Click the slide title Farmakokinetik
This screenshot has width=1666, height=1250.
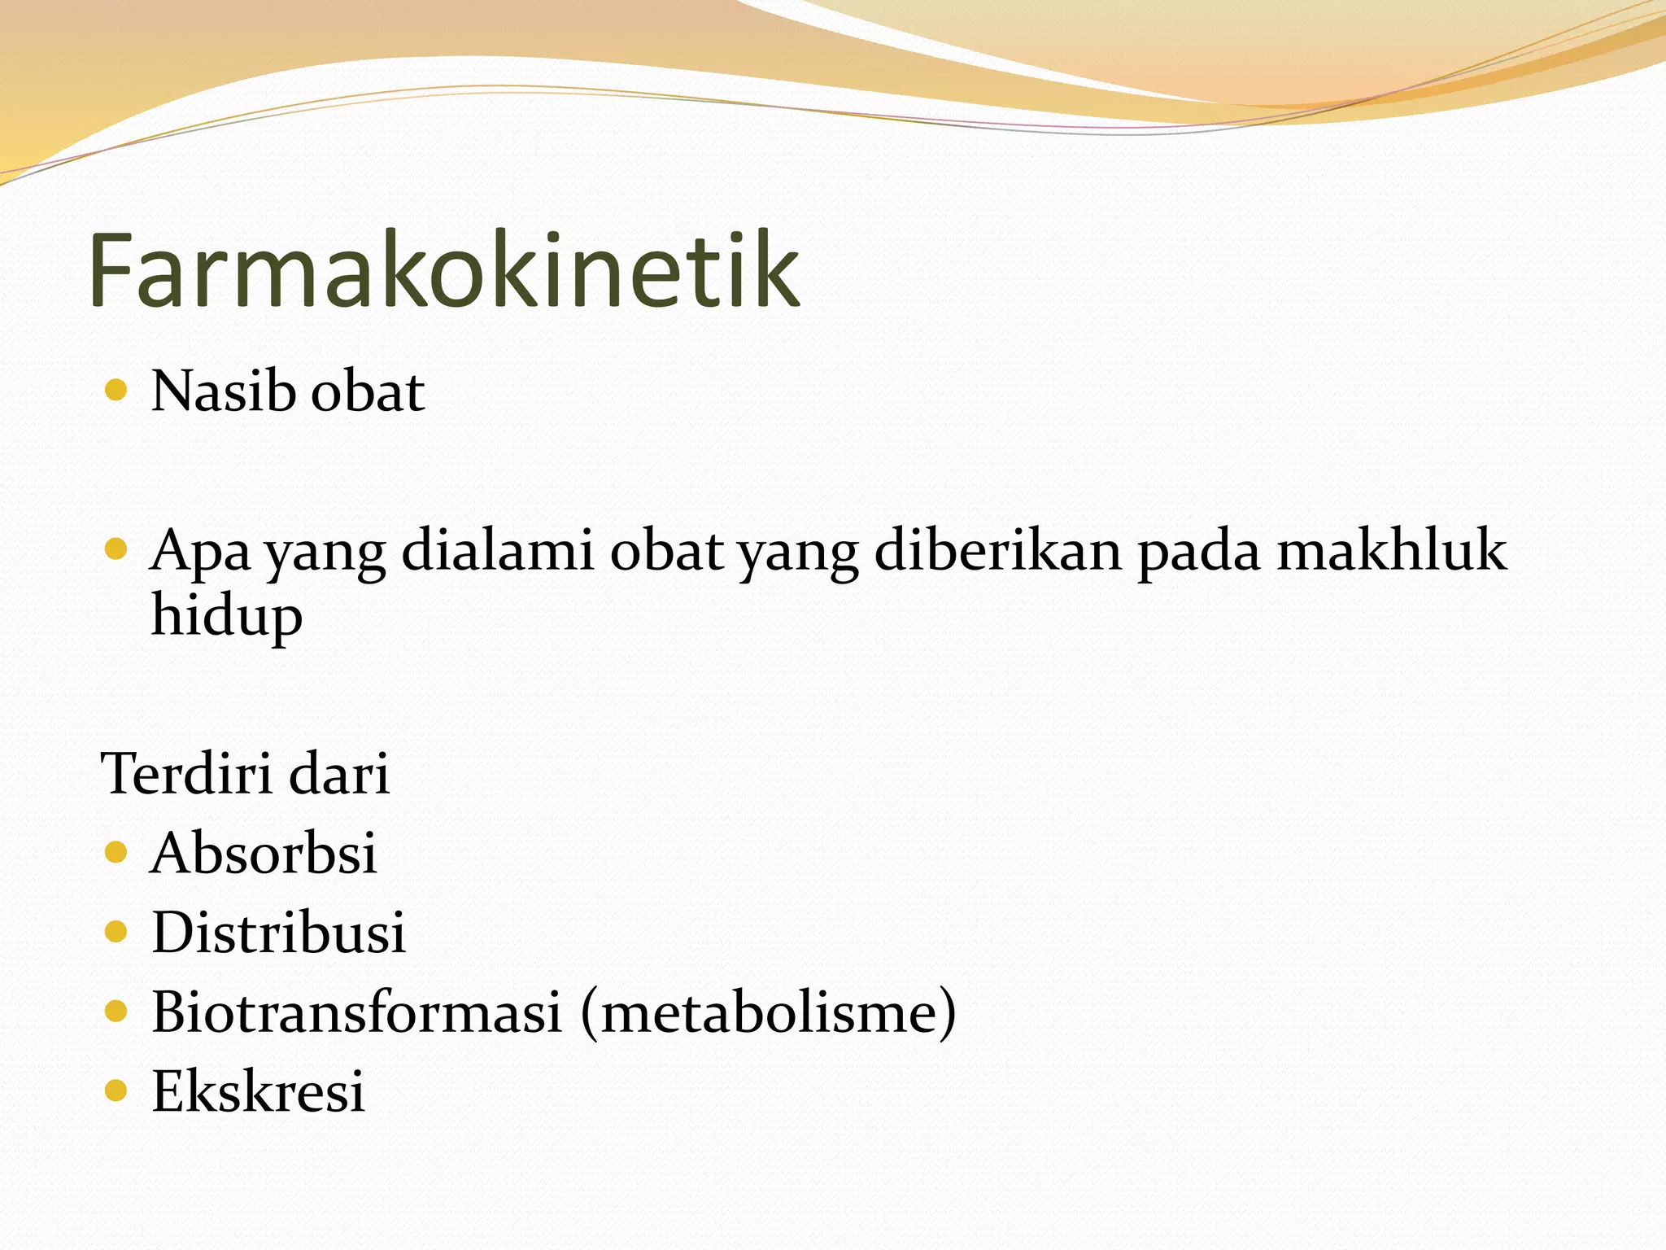(x=444, y=270)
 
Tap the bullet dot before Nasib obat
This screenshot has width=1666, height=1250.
(x=116, y=391)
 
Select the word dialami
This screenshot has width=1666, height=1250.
(x=498, y=550)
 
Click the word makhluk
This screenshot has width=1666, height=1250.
(x=1391, y=550)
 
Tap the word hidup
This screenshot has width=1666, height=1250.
(x=227, y=616)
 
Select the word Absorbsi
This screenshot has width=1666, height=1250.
(x=264, y=854)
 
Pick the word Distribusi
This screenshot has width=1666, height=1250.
(x=278, y=933)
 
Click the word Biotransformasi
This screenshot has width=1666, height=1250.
(x=357, y=1012)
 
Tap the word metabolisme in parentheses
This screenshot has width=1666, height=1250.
(x=769, y=1012)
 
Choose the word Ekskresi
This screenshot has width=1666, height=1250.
(x=258, y=1091)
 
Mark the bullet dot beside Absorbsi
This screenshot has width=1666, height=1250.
(x=116, y=853)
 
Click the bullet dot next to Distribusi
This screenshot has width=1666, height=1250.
(x=116, y=932)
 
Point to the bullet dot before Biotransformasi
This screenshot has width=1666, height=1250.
(x=116, y=1011)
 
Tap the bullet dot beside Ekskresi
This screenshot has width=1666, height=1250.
(x=116, y=1090)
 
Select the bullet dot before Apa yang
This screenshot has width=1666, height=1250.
(x=116, y=549)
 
